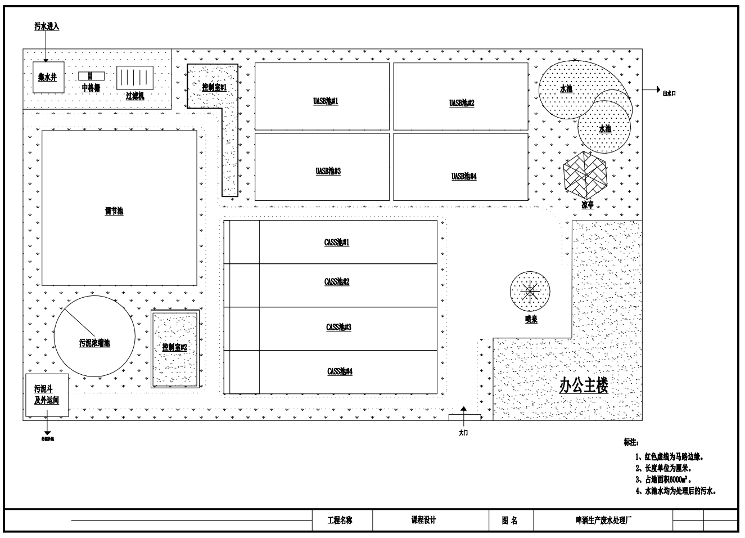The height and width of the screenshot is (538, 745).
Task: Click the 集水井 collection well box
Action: (x=48, y=78)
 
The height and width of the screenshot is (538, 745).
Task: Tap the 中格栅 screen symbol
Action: (x=91, y=76)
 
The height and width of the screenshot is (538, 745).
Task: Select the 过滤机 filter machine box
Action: (x=134, y=78)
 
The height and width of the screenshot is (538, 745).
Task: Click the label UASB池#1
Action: (x=326, y=101)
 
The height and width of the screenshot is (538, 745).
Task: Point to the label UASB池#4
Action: (x=464, y=176)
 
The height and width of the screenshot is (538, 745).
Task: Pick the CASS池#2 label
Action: (x=337, y=281)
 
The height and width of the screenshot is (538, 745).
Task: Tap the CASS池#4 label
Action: (x=340, y=371)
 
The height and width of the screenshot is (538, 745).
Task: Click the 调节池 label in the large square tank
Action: (x=114, y=212)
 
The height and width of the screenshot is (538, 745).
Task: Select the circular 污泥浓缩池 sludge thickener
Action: (x=94, y=337)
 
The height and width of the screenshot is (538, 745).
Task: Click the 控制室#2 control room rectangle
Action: (x=175, y=349)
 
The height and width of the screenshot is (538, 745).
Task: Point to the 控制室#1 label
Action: (x=214, y=87)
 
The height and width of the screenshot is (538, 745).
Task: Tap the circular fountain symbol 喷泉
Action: (x=530, y=292)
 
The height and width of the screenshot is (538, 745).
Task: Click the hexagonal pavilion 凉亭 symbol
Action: (x=586, y=174)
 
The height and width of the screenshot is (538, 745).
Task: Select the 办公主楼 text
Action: (x=583, y=385)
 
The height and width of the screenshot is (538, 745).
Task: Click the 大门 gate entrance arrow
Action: (x=464, y=415)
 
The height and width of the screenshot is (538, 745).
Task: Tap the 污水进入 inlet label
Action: (x=47, y=26)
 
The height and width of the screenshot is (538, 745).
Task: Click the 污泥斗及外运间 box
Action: (x=47, y=395)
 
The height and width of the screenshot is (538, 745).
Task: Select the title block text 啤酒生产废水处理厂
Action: (x=600, y=521)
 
